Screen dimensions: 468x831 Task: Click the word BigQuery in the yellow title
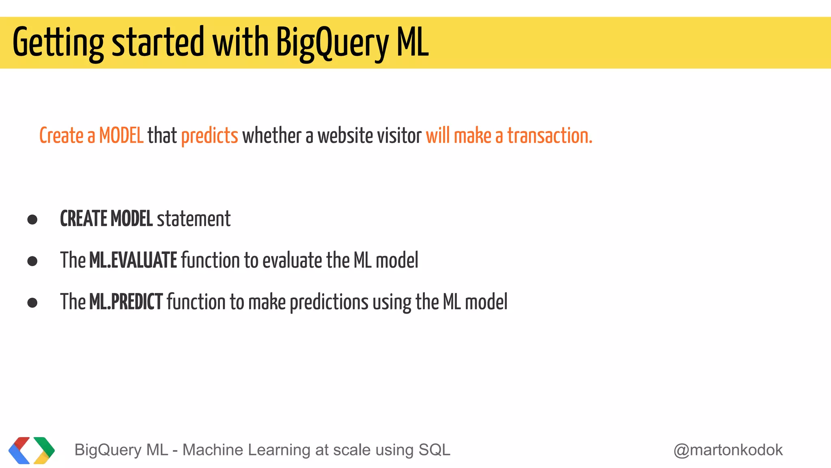tap(332, 43)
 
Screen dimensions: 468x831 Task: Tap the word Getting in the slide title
tap(58, 43)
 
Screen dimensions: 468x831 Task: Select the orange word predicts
tap(209, 136)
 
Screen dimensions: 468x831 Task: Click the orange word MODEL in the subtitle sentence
tap(121, 136)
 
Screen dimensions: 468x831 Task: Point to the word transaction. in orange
tap(550, 136)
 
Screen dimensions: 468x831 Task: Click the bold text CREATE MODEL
tap(106, 219)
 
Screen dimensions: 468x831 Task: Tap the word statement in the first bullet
tap(194, 219)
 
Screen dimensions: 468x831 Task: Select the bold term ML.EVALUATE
tap(133, 260)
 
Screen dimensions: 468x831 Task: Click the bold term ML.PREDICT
tap(126, 302)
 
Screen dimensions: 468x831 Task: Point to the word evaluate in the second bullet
tap(292, 260)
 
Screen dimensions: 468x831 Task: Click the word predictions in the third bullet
tap(329, 303)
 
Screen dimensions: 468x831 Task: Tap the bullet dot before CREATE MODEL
tap(32, 220)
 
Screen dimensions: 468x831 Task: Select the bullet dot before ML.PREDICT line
tap(32, 303)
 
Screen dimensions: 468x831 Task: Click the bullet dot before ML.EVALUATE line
tap(32, 261)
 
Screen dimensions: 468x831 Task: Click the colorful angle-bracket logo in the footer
tap(32, 450)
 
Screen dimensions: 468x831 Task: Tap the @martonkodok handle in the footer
tap(728, 450)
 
